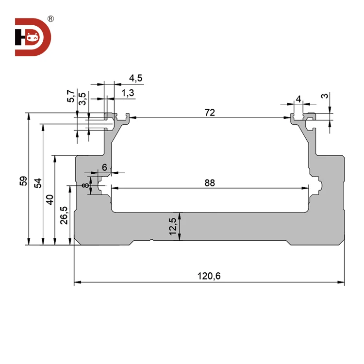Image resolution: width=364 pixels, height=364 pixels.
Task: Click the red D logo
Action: click(33, 37)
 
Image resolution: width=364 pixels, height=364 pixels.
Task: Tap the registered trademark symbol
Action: click(51, 19)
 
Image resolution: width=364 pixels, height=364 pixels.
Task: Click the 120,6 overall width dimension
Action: click(209, 276)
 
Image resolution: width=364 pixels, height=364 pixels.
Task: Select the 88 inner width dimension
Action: click(210, 183)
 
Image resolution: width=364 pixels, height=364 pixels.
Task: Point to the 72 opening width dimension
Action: click(210, 113)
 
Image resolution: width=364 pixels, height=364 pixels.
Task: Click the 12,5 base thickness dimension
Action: click(173, 226)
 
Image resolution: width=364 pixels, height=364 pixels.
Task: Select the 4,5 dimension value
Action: click(135, 79)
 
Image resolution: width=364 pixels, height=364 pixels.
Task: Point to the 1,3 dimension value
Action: click(129, 93)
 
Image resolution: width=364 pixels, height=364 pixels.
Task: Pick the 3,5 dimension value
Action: click(83, 99)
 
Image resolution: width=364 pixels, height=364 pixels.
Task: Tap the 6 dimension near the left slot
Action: click(104, 166)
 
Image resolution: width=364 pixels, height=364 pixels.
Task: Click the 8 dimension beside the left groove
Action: click(85, 186)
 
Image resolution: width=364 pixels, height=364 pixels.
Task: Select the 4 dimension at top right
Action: click(298, 99)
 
